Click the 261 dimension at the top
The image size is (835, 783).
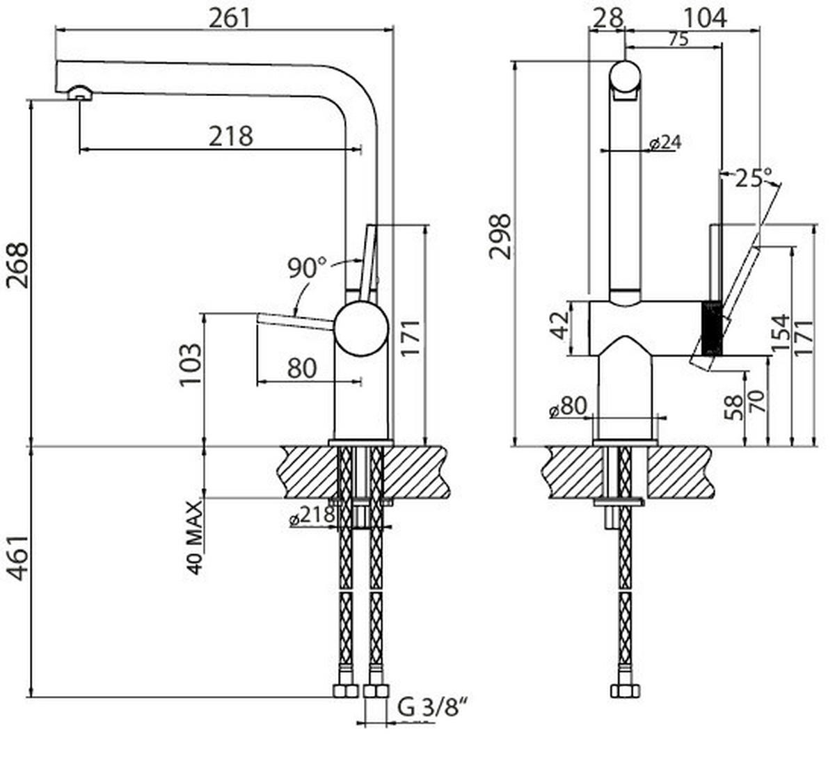pos(229,17)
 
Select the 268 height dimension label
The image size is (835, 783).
pos(17,265)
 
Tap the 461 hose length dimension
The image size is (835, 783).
pos(17,558)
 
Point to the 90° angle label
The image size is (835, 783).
pos(307,267)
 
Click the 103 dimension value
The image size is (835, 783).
pos(190,366)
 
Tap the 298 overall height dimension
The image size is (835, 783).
pos(500,236)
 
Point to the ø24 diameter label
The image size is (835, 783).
pos(665,143)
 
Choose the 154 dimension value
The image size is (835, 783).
pos(780,332)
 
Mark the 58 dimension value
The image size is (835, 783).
pos(733,409)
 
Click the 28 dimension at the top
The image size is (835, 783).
pos(608,17)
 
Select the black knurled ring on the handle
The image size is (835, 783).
pos(710,328)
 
